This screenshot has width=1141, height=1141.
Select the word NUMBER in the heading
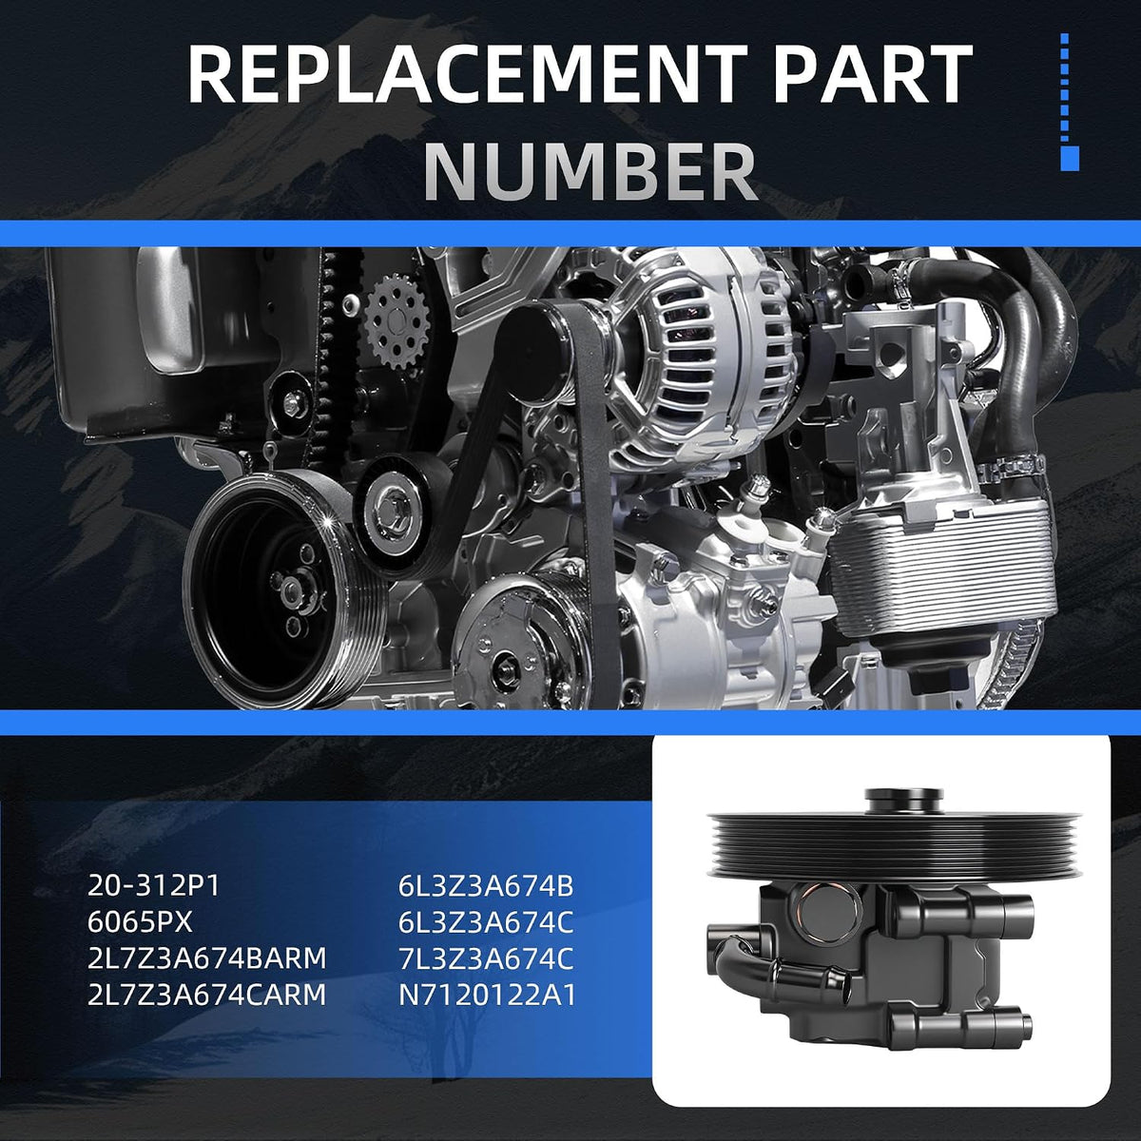590,172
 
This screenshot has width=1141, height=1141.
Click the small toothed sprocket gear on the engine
397,322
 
